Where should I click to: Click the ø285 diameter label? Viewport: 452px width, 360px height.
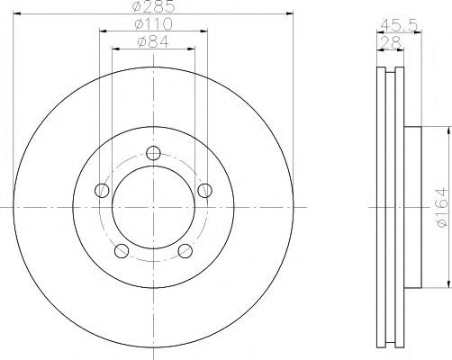click(x=153, y=6)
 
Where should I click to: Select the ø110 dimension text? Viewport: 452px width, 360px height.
click(x=154, y=24)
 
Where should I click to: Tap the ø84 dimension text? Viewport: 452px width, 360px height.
click(x=153, y=42)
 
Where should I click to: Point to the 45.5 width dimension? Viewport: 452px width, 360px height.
click(x=399, y=26)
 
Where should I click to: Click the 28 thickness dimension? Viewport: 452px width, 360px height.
click(x=390, y=42)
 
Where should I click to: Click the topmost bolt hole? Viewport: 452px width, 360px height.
click(x=153, y=153)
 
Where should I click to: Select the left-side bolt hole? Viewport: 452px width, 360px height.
click(x=102, y=191)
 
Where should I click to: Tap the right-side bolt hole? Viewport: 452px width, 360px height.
click(x=205, y=191)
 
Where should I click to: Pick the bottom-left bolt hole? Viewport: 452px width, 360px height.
click(x=122, y=251)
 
